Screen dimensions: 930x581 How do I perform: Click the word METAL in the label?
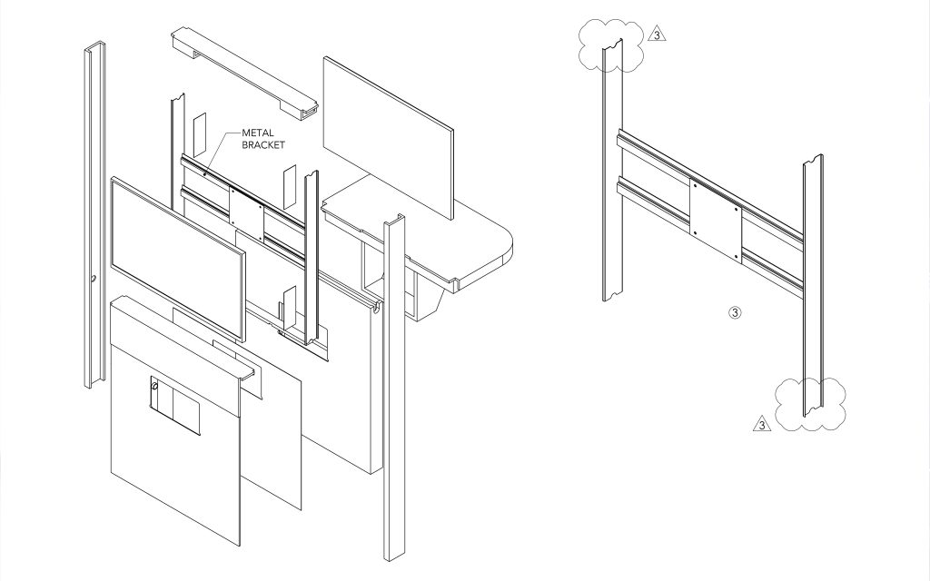257,133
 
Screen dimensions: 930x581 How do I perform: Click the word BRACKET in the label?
263,144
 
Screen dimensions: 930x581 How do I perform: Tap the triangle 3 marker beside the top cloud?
657,34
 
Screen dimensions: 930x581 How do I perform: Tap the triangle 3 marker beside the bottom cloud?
762,424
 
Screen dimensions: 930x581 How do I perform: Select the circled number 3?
734,312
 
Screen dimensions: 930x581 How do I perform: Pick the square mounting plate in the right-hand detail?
716,221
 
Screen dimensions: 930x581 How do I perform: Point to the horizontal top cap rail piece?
244,73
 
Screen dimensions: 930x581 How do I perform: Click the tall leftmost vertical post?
94,214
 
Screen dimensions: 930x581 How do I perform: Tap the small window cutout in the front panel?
175,405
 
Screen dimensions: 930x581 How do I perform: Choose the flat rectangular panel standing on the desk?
389,138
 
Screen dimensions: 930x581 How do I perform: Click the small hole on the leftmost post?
94,279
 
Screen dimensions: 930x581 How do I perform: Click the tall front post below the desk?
394,389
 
